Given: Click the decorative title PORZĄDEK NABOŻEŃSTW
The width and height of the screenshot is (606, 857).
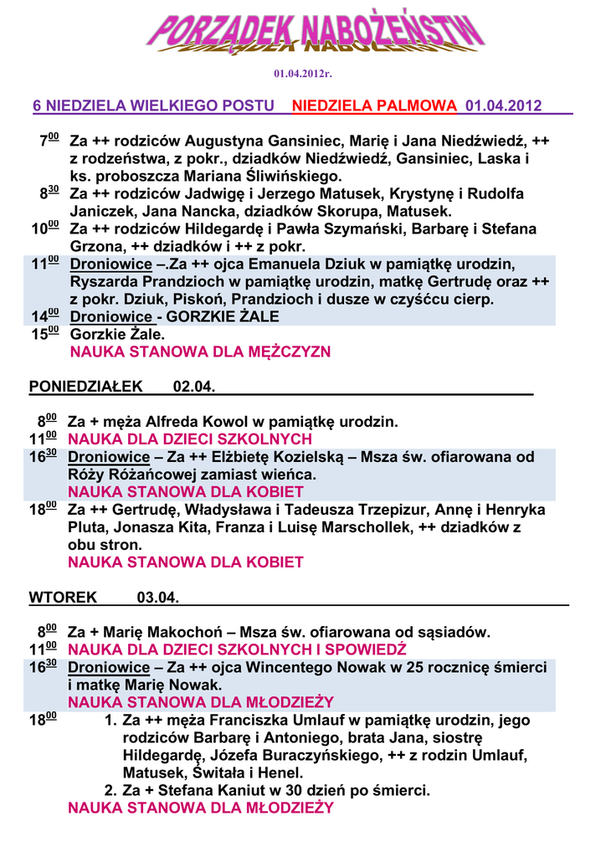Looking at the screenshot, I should tap(316, 34).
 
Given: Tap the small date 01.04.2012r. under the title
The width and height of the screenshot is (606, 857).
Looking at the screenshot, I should tap(303, 74).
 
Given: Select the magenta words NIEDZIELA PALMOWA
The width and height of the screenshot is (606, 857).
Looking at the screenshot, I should tap(375, 106).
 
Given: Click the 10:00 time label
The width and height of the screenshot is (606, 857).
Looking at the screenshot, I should tap(44, 228).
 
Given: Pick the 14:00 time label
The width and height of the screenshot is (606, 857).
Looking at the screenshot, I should tap(44, 316).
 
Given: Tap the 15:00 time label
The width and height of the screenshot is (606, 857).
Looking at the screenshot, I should tap(44, 334).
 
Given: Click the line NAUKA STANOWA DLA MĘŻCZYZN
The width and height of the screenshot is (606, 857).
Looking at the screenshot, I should tap(200, 352).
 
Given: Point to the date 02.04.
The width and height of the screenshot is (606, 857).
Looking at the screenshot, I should tap(194, 387).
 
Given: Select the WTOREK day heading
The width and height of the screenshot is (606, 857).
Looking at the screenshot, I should tap(63, 598).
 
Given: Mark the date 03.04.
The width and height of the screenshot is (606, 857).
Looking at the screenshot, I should tap(157, 598).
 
